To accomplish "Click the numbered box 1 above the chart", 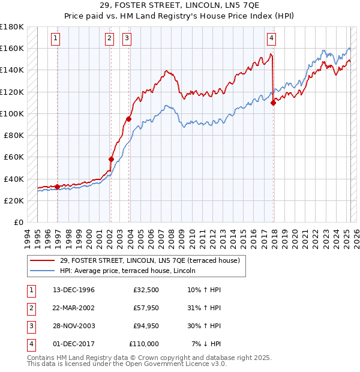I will click(x=55, y=38).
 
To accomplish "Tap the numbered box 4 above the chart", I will click(x=271, y=38).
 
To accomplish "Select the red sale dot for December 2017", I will click(x=273, y=103).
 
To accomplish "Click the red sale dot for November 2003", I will click(x=128, y=119).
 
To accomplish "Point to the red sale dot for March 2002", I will click(x=111, y=159).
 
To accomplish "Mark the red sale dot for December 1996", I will click(x=58, y=187).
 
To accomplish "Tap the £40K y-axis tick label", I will click(x=13, y=179).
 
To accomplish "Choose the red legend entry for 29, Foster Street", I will click(x=150, y=260).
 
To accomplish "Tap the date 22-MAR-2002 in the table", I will click(x=73, y=308).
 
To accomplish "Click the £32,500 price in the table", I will click(x=146, y=290).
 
